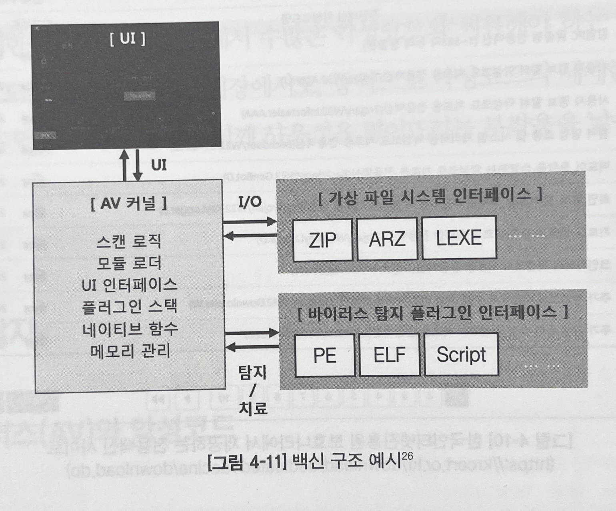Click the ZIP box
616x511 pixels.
pos(322,240)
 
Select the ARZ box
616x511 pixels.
pos(387,239)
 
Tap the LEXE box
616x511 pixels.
pos(459,238)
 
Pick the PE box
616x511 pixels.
pos(325,356)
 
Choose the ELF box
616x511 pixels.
pos(389,355)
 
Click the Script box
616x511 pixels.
pos(461,355)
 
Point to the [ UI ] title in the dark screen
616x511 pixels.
pos(128,39)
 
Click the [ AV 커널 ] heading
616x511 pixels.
pos(129,204)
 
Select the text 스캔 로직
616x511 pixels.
pos(129,241)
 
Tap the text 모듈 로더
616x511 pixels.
pos(129,263)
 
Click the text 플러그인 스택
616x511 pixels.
pos(129,307)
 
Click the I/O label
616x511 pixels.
pos(250,202)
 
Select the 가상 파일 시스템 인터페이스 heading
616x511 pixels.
pos(430,196)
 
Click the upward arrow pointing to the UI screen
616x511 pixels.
pos(125,165)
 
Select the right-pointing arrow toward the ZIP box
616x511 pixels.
pos(250,221)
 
